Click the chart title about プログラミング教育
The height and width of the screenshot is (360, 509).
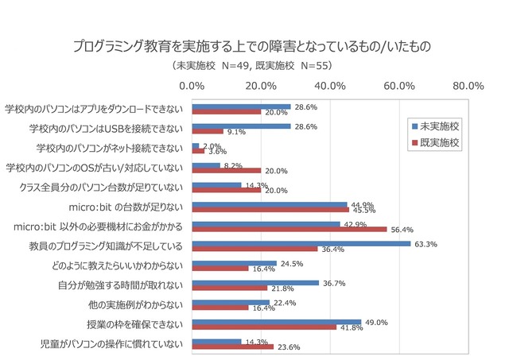pyautogui.click(x=254, y=46)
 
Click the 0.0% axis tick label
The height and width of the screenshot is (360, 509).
pyautogui.click(x=192, y=86)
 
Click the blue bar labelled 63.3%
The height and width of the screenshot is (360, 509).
pyautogui.click(x=301, y=243)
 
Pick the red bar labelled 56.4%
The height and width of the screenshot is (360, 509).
pyautogui.click(x=289, y=229)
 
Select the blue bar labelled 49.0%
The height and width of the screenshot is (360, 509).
pyautogui.click(x=277, y=322)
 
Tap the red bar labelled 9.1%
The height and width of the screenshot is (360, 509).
pyautogui.click(x=208, y=131)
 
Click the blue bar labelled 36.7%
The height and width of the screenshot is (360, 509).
pyautogui.click(x=255, y=282)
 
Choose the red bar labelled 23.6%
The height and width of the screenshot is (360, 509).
pyautogui.click(x=233, y=346)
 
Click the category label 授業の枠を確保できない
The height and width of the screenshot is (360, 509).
pyautogui.click(x=135, y=324)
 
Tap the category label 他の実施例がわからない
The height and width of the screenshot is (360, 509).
pyautogui.click(x=135, y=304)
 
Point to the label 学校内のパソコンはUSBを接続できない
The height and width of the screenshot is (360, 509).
pyautogui.click(x=106, y=128)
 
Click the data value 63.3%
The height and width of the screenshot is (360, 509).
pyautogui.click(x=426, y=243)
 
